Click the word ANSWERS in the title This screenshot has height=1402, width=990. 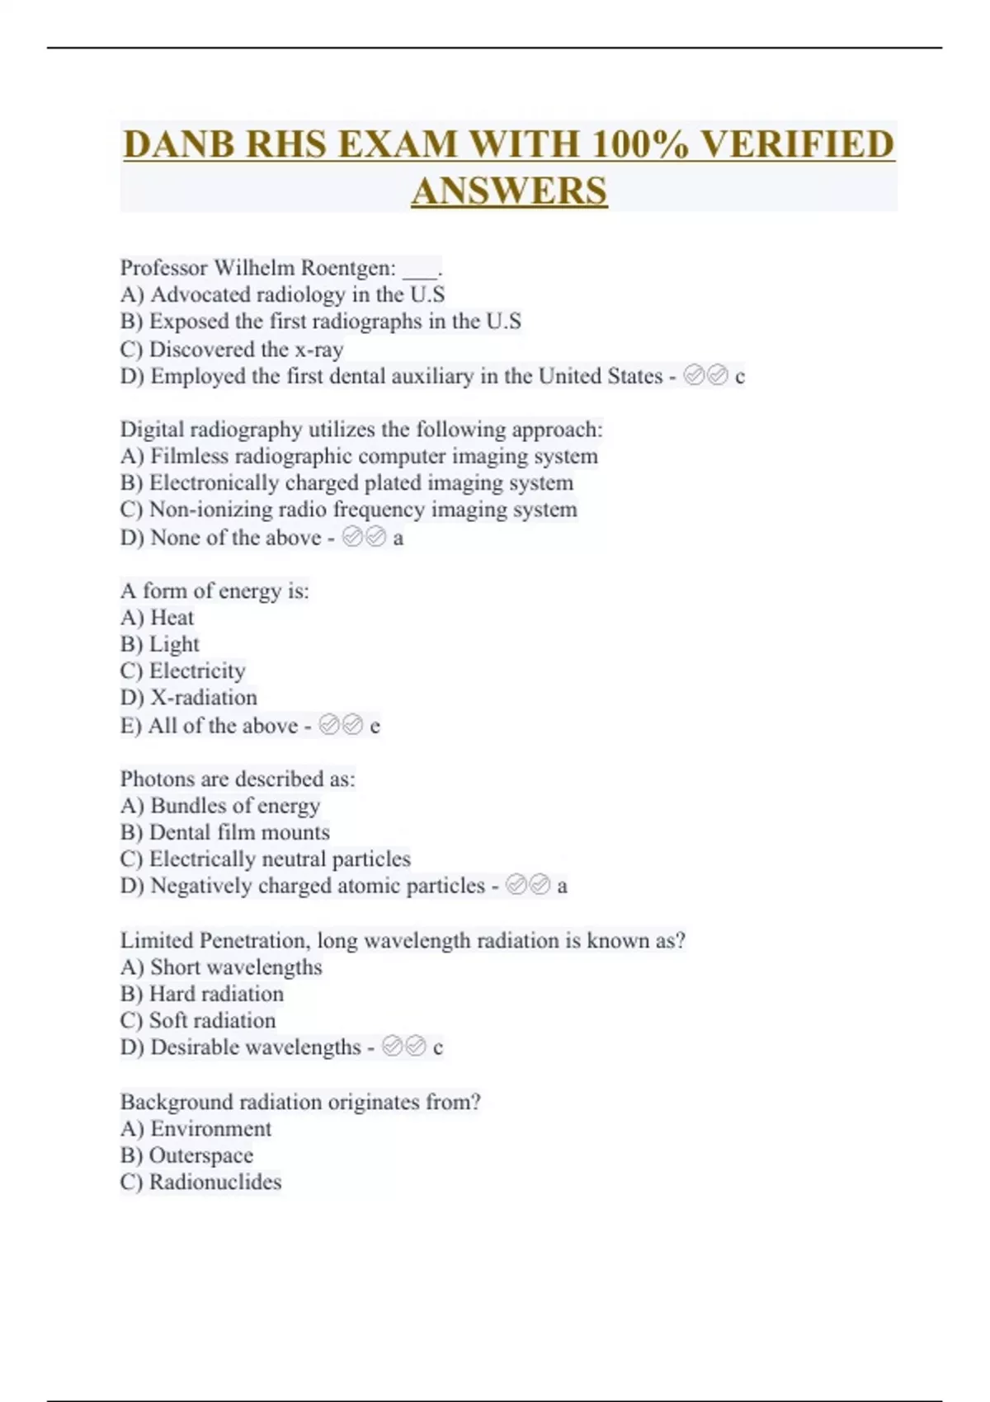pos(509,191)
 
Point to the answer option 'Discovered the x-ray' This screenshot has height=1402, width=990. pos(246,349)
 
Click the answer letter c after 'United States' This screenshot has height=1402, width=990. pos(740,377)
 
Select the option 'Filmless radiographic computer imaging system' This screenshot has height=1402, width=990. pos(374,456)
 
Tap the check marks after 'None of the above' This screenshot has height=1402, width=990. pos(364,538)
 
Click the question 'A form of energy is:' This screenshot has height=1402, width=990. pos(214,590)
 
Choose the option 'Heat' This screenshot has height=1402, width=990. pos(172,618)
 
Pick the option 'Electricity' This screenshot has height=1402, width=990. pos(197,670)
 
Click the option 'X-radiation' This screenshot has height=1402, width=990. pos(203,698)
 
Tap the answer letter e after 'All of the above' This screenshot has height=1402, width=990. pos(375,727)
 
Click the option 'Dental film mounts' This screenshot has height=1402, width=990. pos(239,832)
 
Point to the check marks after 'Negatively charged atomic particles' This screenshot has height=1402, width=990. pos(528,886)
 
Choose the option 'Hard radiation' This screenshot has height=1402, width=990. pos(216,994)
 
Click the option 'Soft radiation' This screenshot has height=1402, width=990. pos(212,1020)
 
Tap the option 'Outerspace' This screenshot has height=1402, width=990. pos(200,1155)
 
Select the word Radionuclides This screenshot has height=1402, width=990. pos(215,1182)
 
